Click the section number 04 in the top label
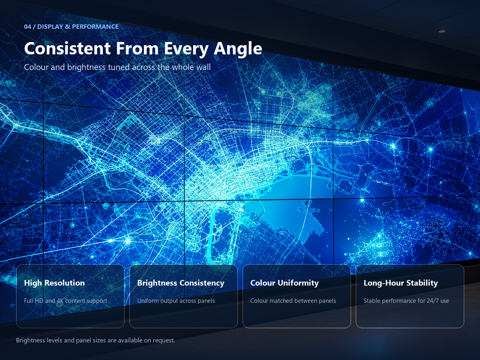[28, 27]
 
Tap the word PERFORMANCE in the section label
[95, 27]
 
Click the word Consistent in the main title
[67, 48]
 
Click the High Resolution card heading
[54, 283]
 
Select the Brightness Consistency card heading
[181, 283]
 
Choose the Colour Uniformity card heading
[284, 283]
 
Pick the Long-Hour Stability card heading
[401, 283]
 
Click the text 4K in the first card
[60, 301]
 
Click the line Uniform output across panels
[176, 301]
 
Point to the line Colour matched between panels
[293, 301]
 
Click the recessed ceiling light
[442, 31]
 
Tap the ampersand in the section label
[67, 27]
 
